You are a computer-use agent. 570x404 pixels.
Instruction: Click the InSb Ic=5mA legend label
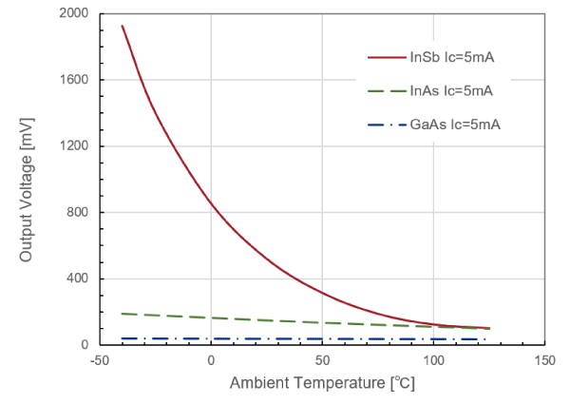[x=451, y=58]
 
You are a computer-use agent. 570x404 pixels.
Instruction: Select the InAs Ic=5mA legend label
[x=451, y=91]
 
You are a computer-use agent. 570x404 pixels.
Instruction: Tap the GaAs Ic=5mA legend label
[x=455, y=125]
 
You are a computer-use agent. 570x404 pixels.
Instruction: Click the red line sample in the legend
[x=385, y=58]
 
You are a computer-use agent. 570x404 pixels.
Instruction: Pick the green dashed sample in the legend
[x=385, y=91]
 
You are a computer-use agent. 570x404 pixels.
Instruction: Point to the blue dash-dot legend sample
[x=385, y=125]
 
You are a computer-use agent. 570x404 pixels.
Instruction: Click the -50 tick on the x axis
[x=99, y=361]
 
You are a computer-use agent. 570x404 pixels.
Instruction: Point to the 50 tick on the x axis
[x=322, y=361]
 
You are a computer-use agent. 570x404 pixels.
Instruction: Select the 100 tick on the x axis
[x=433, y=361]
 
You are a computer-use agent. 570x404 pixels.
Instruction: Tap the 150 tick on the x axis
[x=544, y=361]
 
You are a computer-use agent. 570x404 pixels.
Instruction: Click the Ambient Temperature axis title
[x=322, y=384]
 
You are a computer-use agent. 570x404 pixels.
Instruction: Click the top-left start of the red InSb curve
[x=123, y=26]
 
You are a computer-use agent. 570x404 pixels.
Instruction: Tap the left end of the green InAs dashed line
[x=123, y=314]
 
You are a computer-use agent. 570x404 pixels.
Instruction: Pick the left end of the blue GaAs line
[x=123, y=338]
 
